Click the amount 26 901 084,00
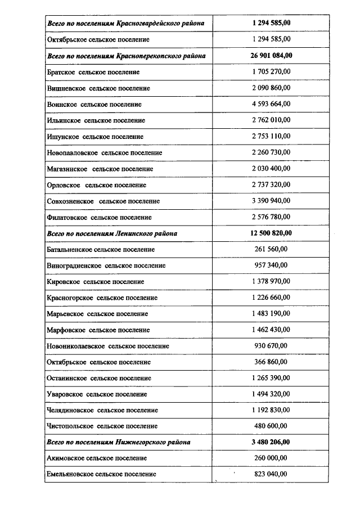click(271, 56)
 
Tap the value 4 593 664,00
click(271, 104)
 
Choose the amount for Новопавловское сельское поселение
click(271, 152)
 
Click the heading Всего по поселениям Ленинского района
click(112, 233)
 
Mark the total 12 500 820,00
click(271, 233)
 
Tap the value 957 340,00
click(271, 265)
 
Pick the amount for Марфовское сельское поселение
click(271, 330)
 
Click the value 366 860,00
click(271, 362)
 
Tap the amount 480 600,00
click(271, 426)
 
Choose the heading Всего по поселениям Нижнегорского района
click(119, 442)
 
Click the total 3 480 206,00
click(271, 442)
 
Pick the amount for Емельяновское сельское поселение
click(271, 474)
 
